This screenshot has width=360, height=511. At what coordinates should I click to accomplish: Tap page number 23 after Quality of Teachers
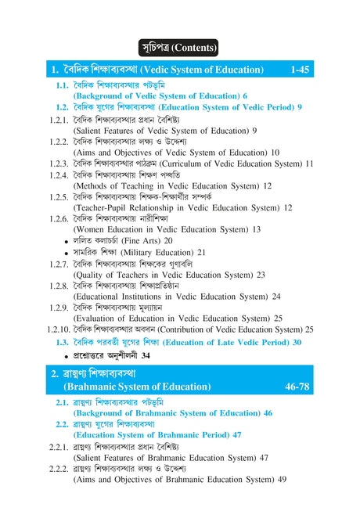click(261, 275)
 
